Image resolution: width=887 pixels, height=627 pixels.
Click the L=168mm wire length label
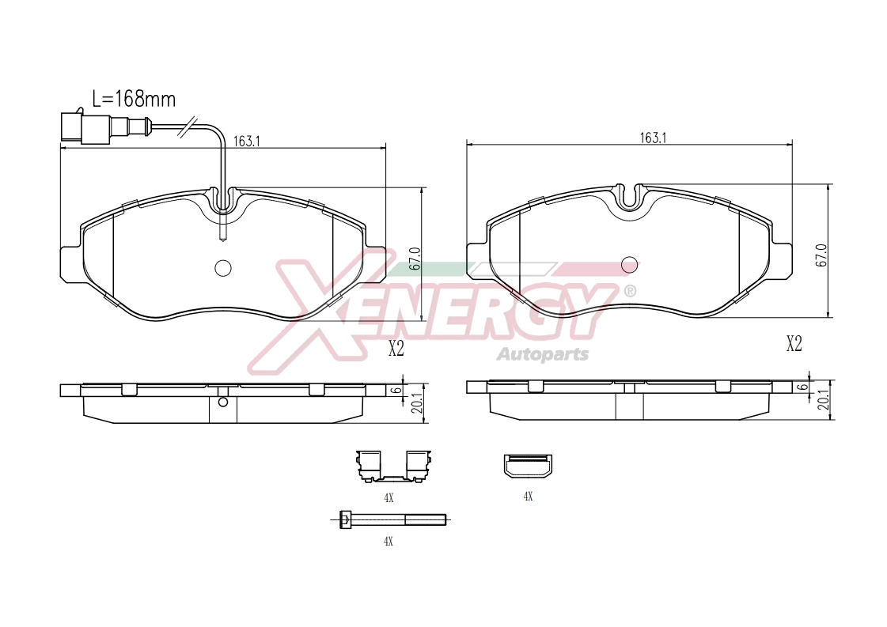134,99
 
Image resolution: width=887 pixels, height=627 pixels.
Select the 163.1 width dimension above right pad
653,138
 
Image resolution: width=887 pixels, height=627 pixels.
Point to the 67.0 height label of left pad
415,259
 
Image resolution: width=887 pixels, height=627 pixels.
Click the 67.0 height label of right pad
822,255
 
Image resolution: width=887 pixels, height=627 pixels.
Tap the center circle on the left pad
223,268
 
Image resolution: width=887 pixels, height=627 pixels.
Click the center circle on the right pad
630,265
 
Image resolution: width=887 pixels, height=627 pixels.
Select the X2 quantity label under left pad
396,349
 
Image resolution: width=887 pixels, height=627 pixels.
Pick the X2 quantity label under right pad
794,344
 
